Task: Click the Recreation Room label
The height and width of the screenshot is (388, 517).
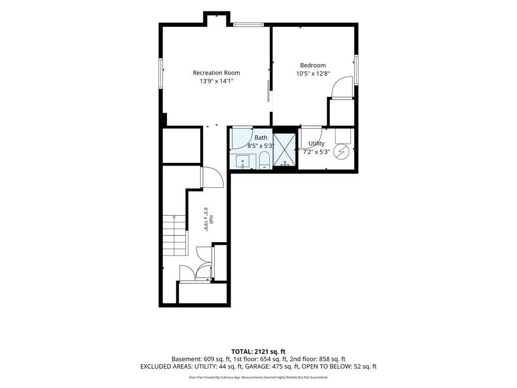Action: tap(216, 73)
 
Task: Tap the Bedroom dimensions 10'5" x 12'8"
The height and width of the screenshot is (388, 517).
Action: tap(313, 73)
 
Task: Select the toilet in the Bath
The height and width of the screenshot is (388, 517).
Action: tap(264, 160)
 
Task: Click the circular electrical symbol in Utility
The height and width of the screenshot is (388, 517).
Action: tap(341, 152)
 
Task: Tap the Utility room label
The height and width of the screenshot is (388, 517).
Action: tap(316, 143)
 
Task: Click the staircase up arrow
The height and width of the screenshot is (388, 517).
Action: tap(174, 219)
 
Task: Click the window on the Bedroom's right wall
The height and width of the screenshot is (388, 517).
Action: tap(356, 70)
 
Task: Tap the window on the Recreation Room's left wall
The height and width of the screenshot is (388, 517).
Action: tap(161, 73)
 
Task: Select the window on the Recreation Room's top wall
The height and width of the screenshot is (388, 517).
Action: tap(248, 24)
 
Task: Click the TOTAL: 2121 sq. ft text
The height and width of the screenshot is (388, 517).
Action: tap(258, 351)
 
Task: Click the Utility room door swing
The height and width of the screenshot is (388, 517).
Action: tap(312, 138)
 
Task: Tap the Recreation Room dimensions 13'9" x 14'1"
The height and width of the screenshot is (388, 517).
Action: tap(216, 81)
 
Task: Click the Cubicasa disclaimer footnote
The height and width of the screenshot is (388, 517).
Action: tap(258, 377)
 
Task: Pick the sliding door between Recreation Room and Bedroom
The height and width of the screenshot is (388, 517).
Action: tap(268, 91)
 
